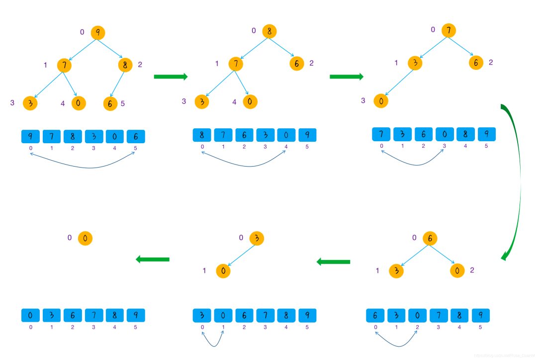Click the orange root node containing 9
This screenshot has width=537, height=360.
tap(98, 33)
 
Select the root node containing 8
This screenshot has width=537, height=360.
tap(269, 31)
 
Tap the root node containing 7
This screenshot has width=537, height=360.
tap(448, 30)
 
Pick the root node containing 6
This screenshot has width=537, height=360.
tap(430, 239)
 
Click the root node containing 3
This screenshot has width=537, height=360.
tap(257, 238)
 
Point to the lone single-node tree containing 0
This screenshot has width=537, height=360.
tap(85, 239)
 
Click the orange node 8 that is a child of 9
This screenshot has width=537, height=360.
tap(125, 65)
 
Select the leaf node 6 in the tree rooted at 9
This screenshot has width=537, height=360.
tap(110, 103)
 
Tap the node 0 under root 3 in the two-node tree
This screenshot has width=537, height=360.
tap(223, 271)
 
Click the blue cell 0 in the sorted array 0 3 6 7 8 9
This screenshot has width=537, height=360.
tap(30, 315)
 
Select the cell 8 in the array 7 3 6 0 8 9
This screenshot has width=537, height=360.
tap(465, 134)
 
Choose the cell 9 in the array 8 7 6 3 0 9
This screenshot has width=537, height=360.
tap(307, 135)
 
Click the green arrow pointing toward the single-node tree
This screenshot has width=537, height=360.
tap(153, 259)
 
